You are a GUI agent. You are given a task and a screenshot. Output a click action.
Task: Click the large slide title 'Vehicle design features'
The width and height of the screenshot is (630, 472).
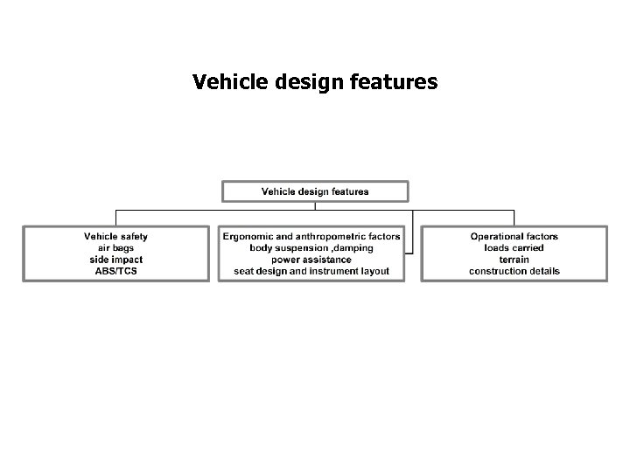[314, 83]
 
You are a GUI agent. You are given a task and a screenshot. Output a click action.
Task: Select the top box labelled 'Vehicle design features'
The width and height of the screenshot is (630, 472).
[315, 191]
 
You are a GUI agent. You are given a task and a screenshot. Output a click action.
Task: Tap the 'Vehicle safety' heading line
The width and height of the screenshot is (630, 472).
[115, 237]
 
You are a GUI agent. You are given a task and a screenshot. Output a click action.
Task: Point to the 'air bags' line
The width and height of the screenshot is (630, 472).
[115, 248]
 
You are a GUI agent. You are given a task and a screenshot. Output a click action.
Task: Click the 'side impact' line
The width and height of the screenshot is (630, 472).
[115, 260]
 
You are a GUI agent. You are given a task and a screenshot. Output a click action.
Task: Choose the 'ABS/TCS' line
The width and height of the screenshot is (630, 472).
[115, 271]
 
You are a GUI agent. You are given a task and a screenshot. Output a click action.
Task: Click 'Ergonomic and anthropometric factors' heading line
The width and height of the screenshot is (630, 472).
[311, 237]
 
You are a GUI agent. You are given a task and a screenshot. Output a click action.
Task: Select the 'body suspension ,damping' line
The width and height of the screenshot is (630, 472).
[311, 248]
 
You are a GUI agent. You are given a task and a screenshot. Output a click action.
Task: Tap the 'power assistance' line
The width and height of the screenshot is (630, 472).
[311, 260]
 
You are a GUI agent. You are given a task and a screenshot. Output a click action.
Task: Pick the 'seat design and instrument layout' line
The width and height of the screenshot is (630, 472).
[311, 271]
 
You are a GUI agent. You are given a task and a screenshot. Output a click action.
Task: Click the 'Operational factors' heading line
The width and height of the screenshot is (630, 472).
[514, 237]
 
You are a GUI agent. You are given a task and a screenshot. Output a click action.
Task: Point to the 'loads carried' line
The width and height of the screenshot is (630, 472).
[514, 248]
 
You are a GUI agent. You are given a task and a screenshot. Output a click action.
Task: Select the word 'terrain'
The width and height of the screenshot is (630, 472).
[514, 260]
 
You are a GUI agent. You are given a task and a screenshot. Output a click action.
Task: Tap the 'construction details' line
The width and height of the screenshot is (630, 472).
[514, 271]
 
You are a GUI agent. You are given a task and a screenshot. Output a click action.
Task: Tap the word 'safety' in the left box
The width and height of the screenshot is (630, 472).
[132, 237]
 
